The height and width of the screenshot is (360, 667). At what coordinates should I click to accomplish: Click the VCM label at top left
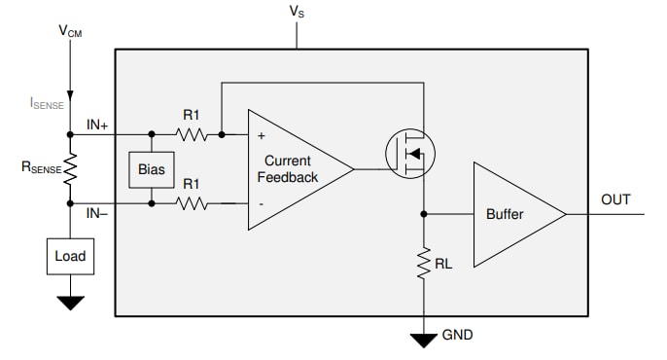coord(70,31)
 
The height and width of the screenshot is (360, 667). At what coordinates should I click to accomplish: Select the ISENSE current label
coord(53,100)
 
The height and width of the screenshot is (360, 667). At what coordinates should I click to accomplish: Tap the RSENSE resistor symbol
coord(70,168)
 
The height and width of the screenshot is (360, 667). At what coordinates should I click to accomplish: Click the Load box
coord(70,257)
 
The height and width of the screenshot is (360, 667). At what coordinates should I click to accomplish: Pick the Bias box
coord(152,169)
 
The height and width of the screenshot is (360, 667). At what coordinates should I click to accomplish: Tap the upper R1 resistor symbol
coord(192,134)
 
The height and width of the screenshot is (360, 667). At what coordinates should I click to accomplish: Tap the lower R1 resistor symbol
coord(192,203)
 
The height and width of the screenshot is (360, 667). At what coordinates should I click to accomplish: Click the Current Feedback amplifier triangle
coord(292,169)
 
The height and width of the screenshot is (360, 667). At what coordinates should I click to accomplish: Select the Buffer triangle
coord(510,214)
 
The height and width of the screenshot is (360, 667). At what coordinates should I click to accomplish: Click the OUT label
coord(615,199)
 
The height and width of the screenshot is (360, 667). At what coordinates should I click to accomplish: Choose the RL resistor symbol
coord(424,262)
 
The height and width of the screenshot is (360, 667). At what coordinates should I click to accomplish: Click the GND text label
coord(458,335)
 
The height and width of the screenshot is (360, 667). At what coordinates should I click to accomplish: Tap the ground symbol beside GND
coord(424,340)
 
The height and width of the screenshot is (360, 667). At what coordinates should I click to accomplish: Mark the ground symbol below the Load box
coord(70,302)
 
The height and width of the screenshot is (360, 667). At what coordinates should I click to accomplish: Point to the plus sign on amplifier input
coord(261,136)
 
